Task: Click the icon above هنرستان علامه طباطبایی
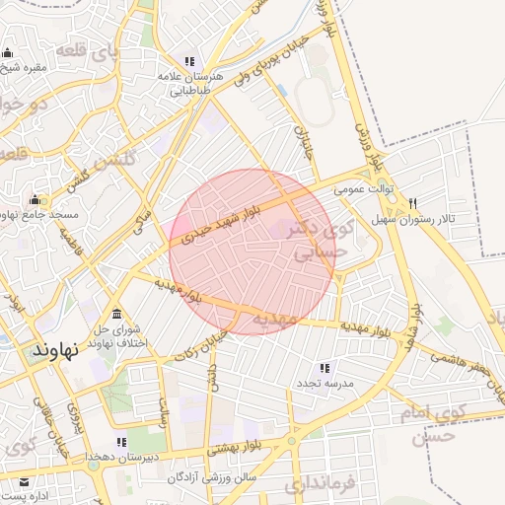pyautogui.click(x=190, y=61)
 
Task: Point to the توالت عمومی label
pyautogui.click(x=363, y=187)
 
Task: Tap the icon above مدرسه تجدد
pyautogui.click(x=325, y=368)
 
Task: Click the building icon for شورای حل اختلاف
pyautogui.click(x=116, y=314)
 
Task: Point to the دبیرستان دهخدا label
pyautogui.click(x=123, y=459)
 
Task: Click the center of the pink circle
pyautogui.click(x=252, y=252)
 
